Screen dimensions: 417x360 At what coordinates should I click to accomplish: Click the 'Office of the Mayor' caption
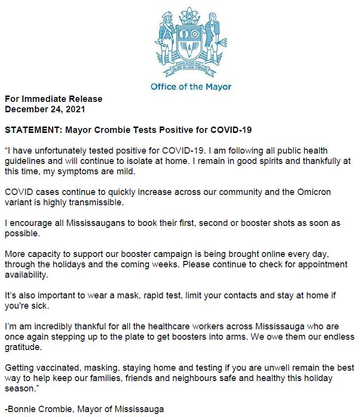click(191, 87)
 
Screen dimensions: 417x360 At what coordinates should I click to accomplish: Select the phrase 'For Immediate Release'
click(54, 99)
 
